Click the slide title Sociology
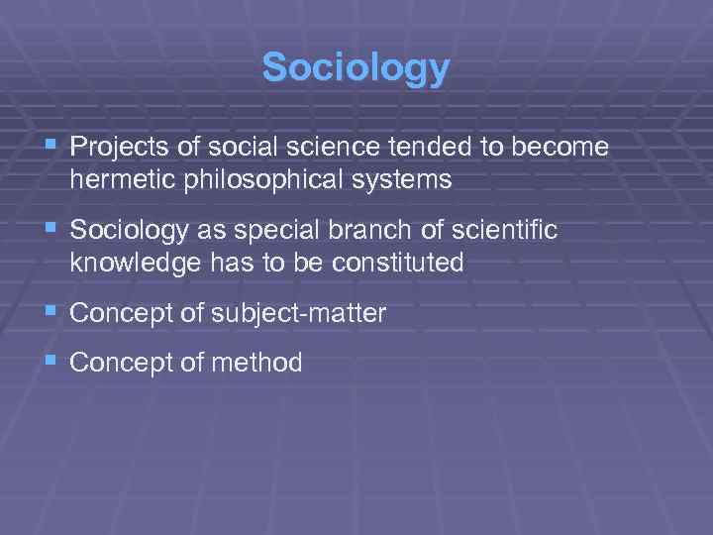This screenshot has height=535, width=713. [x=356, y=68]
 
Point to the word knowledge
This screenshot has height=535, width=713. [x=126, y=263]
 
